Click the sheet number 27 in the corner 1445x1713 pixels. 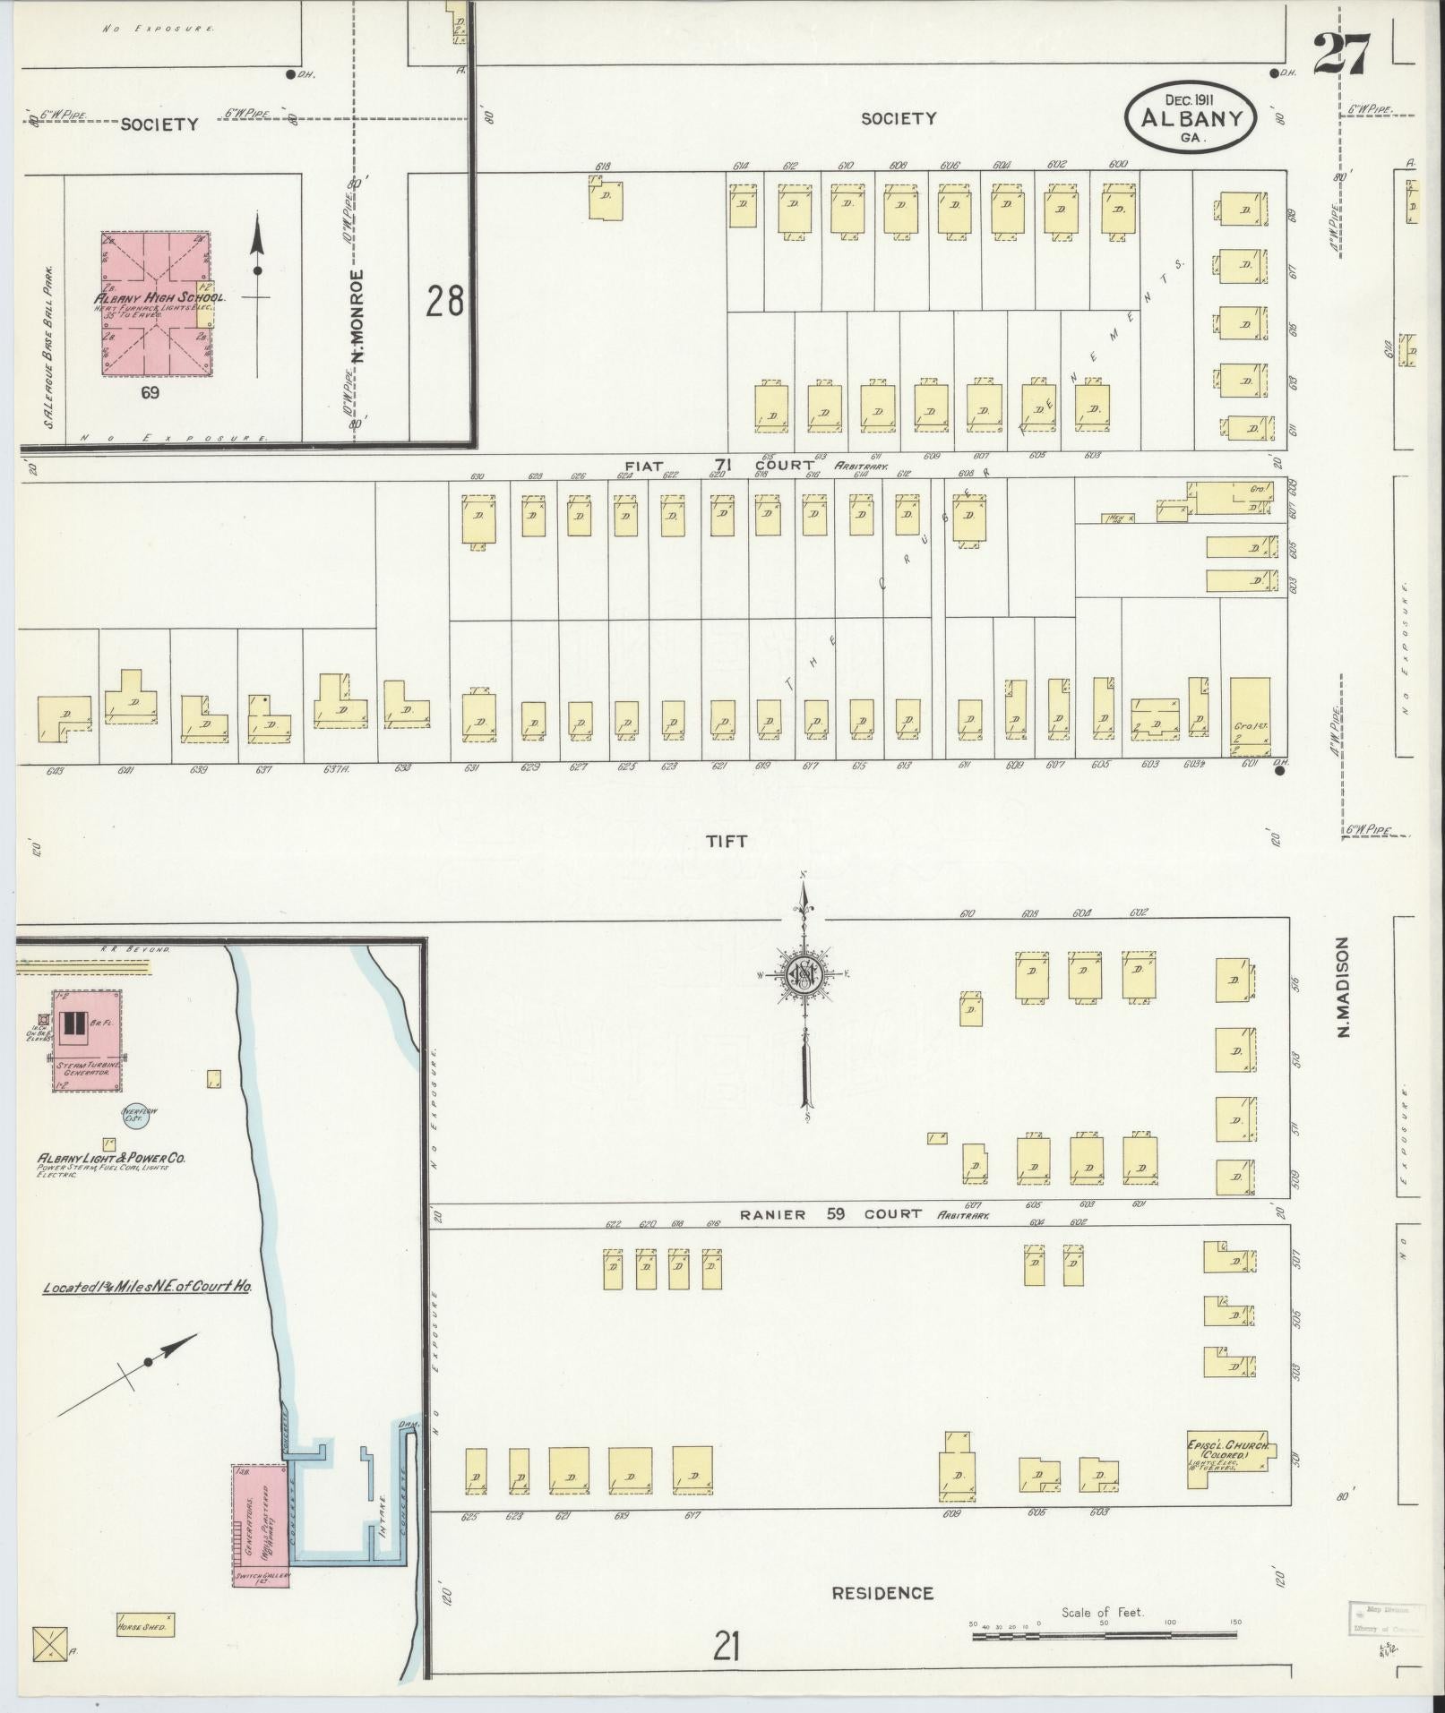click(x=1341, y=56)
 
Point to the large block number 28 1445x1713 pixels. click(x=444, y=302)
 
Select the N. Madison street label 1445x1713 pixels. click(x=1342, y=988)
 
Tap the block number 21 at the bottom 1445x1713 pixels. click(x=726, y=1646)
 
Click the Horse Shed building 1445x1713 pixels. click(x=144, y=1625)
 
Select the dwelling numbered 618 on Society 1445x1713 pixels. click(x=606, y=199)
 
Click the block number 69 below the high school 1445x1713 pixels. click(x=150, y=392)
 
